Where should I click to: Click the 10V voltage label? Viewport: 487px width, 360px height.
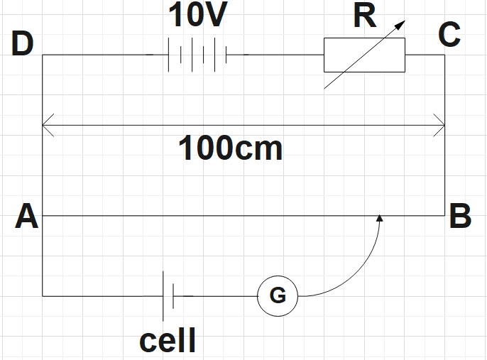click(196, 16)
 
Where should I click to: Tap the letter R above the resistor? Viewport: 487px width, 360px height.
click(365, 18)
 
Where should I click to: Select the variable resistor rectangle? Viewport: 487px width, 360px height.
click(364, 55)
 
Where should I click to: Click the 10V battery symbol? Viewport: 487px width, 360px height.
click(197, 55)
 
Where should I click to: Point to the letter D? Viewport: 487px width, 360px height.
click(23, 45)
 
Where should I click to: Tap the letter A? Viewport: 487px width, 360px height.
click(26, 216)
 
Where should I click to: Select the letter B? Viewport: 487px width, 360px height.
click(460, 216)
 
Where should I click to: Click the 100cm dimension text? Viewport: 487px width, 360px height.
click(230, 150)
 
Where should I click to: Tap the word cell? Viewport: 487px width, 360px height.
click(168, 341)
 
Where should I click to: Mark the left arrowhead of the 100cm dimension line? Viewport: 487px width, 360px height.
click(46, 126)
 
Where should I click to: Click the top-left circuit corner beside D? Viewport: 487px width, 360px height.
click(43, 55)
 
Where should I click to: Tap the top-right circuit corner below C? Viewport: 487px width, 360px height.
click(445, 55)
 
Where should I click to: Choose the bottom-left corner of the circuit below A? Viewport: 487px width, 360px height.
click(43, 295)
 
